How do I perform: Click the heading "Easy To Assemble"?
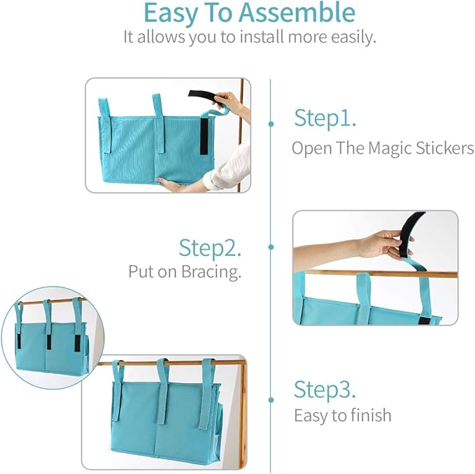248,13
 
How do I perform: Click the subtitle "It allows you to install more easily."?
250,37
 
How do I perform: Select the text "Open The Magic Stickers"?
382,148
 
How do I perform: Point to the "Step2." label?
211,247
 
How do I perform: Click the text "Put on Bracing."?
185,272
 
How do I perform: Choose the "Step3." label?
325,389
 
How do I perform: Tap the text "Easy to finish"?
342,415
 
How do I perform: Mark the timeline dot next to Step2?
271,247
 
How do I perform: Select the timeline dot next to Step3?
271,401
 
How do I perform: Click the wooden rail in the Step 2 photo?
336,273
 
